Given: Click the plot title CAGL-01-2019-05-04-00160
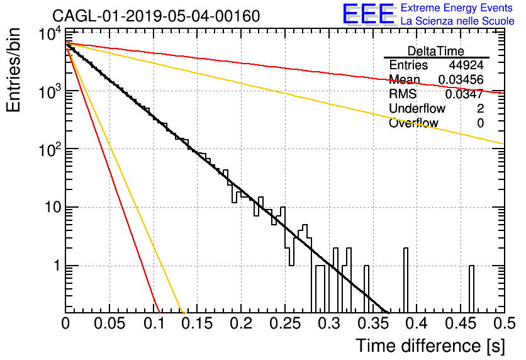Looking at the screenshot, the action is click(156, 16).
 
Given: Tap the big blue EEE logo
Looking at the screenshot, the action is click(369, 14).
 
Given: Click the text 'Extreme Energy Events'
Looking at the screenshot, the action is click(457, 8).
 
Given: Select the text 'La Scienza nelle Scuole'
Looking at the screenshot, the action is click(457, 21).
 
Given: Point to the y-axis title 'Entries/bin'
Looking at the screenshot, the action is click(13, 70).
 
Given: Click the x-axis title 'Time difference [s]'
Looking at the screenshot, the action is click(430, 346).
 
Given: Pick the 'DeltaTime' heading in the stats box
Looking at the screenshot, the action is click(436, 51).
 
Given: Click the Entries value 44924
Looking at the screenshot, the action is click(466, 65).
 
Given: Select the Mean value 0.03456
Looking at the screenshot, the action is click(461, 79).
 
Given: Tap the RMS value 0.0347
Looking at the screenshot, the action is click(464, 94).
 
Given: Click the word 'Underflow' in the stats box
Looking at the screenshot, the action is click(417, 109).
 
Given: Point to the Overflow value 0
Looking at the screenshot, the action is click(480, 123).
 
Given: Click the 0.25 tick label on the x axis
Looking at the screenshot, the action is click(285, 323).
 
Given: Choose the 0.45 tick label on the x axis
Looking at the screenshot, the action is click(461, 323).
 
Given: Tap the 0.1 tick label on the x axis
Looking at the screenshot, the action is click(154, 323).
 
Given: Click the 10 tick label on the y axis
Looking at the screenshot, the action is click(53, 207).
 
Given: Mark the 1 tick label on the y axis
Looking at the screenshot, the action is click(57, 266).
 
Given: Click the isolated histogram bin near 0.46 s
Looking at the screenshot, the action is click(471, 289).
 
